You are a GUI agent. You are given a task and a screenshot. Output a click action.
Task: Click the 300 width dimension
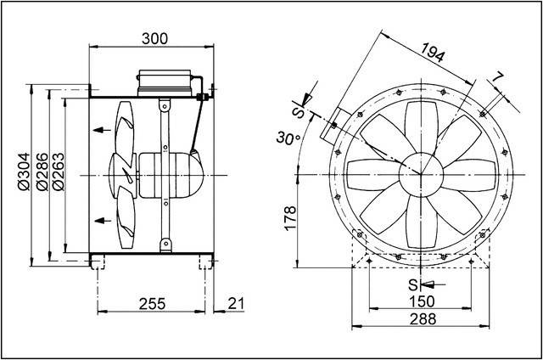pyautogui.click(x=154, y=38)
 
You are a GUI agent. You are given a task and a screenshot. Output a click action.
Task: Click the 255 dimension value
pyautogui.click(x=151, y=304)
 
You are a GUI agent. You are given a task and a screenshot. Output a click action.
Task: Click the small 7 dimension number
pyautogui.click(x=498, y=79)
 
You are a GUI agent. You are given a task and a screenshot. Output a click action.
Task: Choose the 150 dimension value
pyautogui.click(x=421, y=301)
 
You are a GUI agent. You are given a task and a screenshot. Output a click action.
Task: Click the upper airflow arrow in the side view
pyautogui.click(x=103, y=130)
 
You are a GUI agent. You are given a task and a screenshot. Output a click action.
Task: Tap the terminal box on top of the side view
pyautogui.click(x=166, y=82)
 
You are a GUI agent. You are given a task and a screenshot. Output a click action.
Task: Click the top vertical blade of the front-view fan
pyautogui.click(x=421, y=125)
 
